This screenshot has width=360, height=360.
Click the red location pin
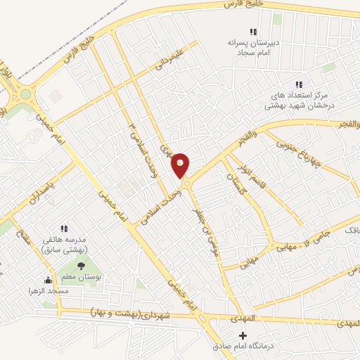tap(181, 165)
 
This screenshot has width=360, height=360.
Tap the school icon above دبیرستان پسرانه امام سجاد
tap(254, 32)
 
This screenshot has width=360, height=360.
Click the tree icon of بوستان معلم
tap(81, 266)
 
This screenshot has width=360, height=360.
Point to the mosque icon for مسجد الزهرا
tap(48, 279)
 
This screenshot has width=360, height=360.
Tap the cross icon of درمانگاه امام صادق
tap(243, 335)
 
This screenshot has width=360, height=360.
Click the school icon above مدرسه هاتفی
tap(64, 229)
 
